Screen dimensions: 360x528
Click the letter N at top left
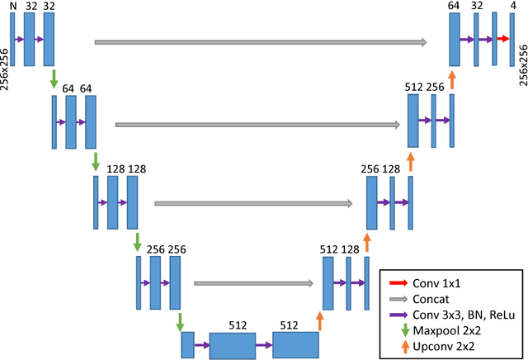[x=12, y=6]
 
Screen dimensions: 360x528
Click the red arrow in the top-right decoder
[x=502, y=39]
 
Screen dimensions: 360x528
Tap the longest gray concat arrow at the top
[x=261, y=41]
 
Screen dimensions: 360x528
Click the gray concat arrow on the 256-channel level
[x=254, y=283]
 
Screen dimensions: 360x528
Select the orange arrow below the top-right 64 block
[x=452, y=79]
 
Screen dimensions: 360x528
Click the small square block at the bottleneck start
[x=187, y=343]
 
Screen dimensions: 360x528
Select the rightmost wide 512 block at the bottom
[x=295, y=344]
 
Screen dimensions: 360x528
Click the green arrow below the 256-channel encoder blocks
[x=177, y=319]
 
